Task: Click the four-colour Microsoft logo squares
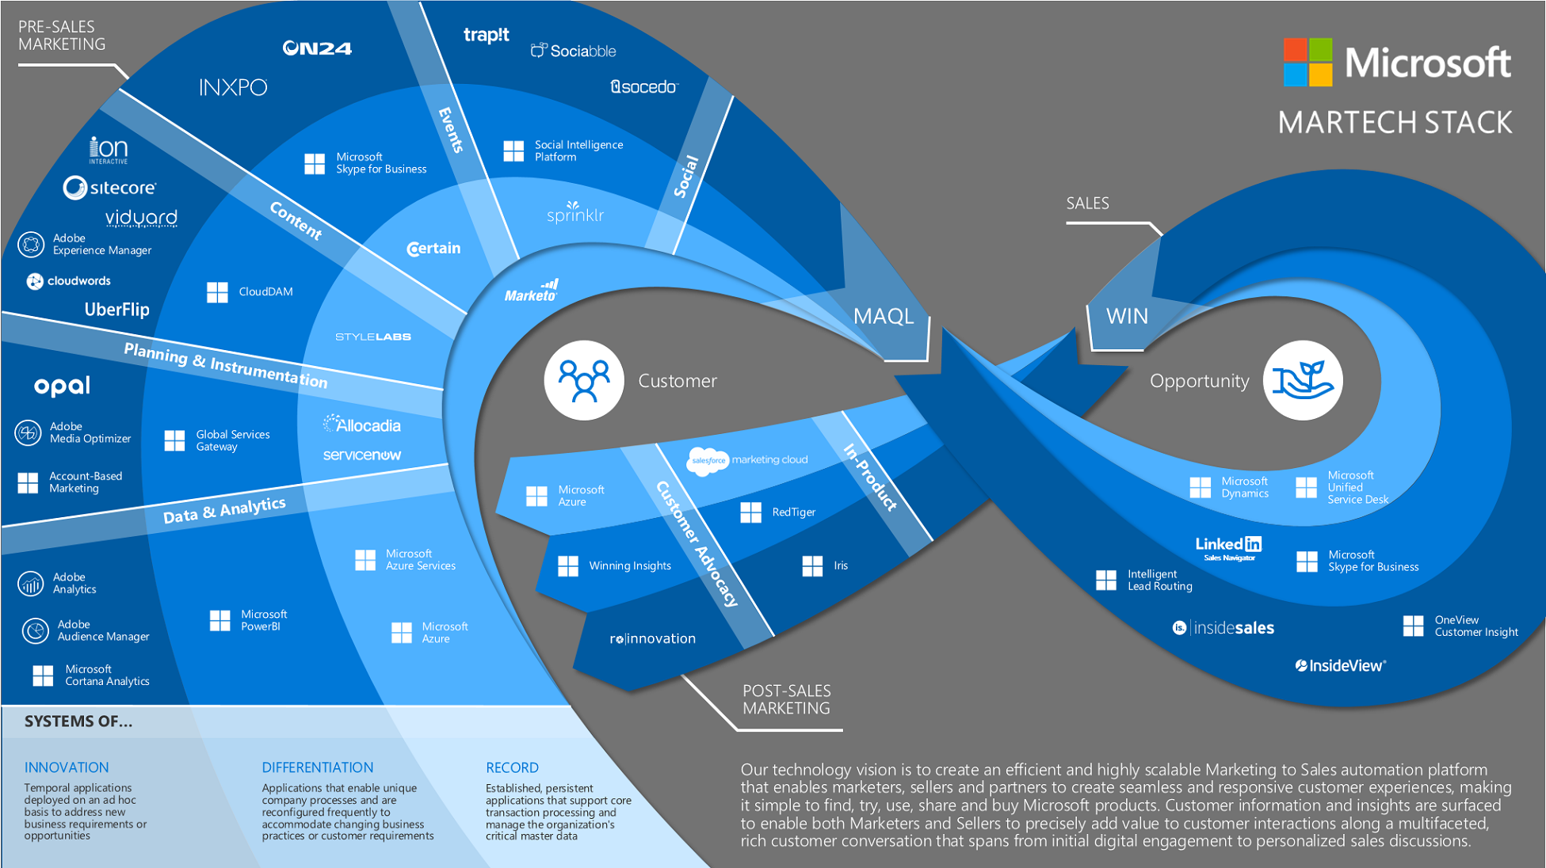tap(1307, 62)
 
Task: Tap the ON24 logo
tap(317, 48)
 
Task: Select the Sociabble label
tap(573, 51)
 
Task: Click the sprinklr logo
tap(575, 213)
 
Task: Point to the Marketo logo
tap(532, 292)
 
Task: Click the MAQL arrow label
tap(884, 317)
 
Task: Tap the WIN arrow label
tap(1126, 317)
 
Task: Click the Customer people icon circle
tap(584, 380)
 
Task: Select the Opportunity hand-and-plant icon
tap(1302, 380)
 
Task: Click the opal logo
tap(62, 386)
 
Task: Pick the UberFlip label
tap(117, 310)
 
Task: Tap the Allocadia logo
tap(362, 425)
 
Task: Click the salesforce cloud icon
tap(707, 461)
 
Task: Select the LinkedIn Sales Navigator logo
tap(1228, 547)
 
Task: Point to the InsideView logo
tap(1341, 665)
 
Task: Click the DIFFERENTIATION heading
tap(317, 767)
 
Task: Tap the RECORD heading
tap(512, 767)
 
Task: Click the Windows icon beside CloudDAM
tap(217, 292)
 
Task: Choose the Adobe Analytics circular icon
tap(30, 584)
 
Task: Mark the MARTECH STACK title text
tap(1395, 123)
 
